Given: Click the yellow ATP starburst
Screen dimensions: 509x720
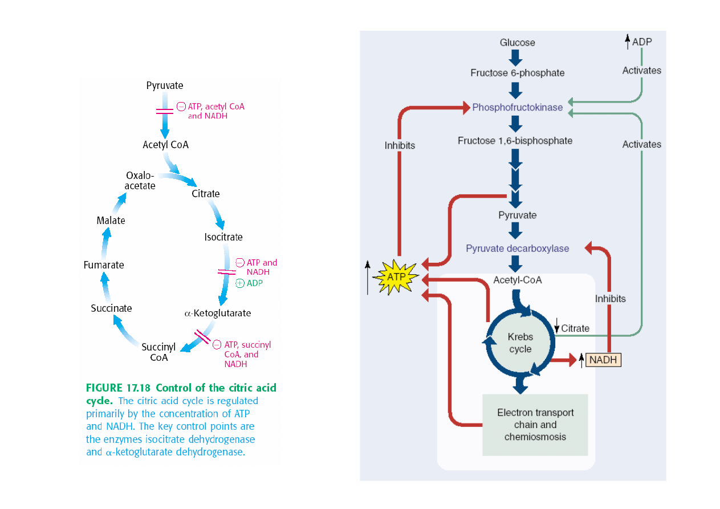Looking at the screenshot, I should pos(395,277).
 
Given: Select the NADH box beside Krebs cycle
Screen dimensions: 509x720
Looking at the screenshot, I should pos(603,360).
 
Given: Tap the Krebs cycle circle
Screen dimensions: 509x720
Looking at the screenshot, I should pos(520,343).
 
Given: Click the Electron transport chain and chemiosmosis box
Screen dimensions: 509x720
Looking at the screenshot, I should pos(535,425).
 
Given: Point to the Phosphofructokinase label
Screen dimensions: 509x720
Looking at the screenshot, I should pos(517,107).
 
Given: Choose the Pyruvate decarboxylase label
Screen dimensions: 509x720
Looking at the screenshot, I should pos(517,249).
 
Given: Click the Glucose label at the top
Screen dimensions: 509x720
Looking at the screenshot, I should pos(517,43).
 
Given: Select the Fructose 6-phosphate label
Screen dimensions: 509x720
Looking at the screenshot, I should pos(517,73).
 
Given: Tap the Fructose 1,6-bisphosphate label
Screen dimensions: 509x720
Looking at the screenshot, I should pos(515,140).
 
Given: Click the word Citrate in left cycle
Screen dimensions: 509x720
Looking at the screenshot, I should pos(205,193).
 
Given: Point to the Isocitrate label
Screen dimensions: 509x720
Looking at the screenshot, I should pos(223,237).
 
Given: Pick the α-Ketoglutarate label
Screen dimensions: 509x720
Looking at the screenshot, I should pos(217,313).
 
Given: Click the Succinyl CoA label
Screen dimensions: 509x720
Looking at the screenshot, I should pos(158,352).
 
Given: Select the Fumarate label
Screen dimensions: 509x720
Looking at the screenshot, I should pos(103,265).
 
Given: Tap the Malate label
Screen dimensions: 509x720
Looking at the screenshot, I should pos(111,221).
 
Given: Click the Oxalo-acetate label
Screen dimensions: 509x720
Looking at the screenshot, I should pos(140,180).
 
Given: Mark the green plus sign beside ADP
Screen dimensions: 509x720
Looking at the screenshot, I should pos(240,283).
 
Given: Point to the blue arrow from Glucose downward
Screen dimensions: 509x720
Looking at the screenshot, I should pos(516,57).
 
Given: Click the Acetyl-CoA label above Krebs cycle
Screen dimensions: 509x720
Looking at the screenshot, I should pos(517,280).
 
